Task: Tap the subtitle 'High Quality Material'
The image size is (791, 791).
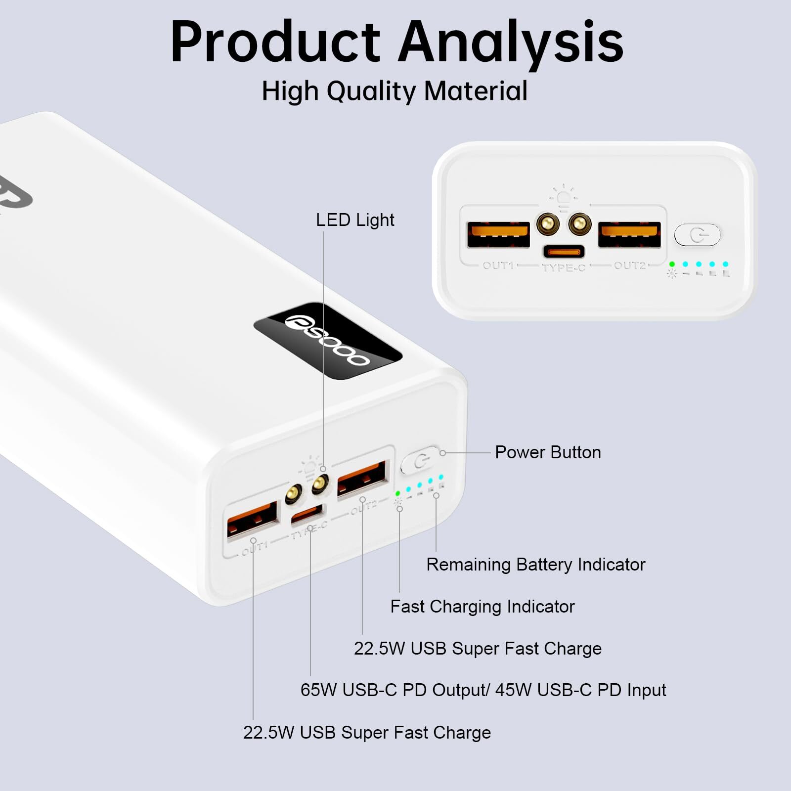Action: coord(395,91)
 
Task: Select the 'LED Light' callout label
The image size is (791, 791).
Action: coord(355,220)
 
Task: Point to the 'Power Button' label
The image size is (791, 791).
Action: coord(548,452)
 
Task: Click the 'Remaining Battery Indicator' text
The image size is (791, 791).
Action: coord(535,565)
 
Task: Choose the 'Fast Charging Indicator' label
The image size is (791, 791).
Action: coord(482,607)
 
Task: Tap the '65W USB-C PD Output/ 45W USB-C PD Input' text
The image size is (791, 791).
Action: coord(483,690)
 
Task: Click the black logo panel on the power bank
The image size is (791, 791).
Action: coord(328,341)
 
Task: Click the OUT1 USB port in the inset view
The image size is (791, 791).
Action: coord(498,234)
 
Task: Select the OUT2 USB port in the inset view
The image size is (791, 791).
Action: coord(629,234)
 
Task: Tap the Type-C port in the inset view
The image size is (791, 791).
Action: coord(564,252)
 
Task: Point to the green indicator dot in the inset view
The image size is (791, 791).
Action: coord(672,264)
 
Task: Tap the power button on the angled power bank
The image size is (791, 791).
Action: coord(420,461)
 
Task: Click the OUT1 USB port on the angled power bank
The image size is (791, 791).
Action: coord(252,519)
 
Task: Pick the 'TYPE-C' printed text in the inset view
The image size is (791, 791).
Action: coord(564,268)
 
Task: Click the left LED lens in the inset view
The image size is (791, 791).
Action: coord(548,224)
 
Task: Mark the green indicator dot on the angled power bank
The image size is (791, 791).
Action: coord(397,493)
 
